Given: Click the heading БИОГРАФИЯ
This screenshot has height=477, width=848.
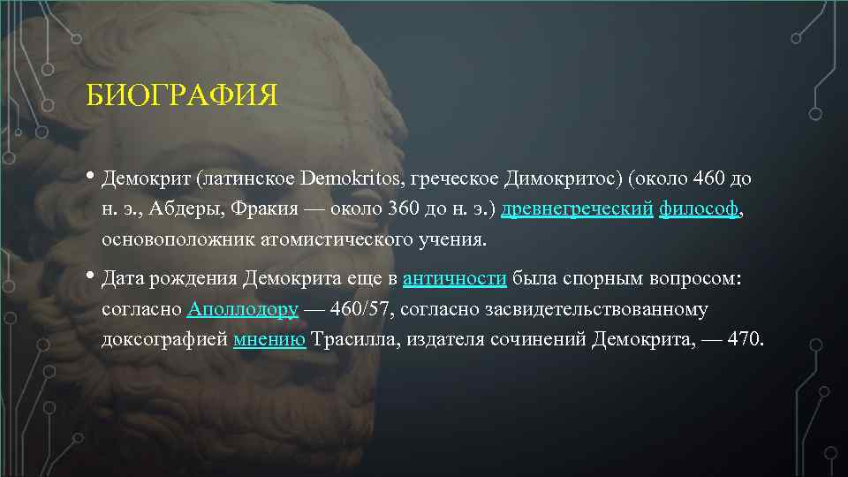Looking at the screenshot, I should coord(182,95).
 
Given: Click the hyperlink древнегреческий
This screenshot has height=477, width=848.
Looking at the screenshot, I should coord(577,209).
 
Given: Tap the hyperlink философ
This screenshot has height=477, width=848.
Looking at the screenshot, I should coord(699,209).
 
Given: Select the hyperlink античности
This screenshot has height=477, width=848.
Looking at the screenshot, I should coord(454,279).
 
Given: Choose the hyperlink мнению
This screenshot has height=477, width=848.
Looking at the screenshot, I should coord(270,341).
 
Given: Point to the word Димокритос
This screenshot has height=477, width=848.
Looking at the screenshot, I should coord(561,179).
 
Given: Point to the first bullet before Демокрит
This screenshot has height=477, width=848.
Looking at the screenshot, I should coord(92,178).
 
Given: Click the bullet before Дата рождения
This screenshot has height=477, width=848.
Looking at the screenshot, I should coord(92,277).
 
